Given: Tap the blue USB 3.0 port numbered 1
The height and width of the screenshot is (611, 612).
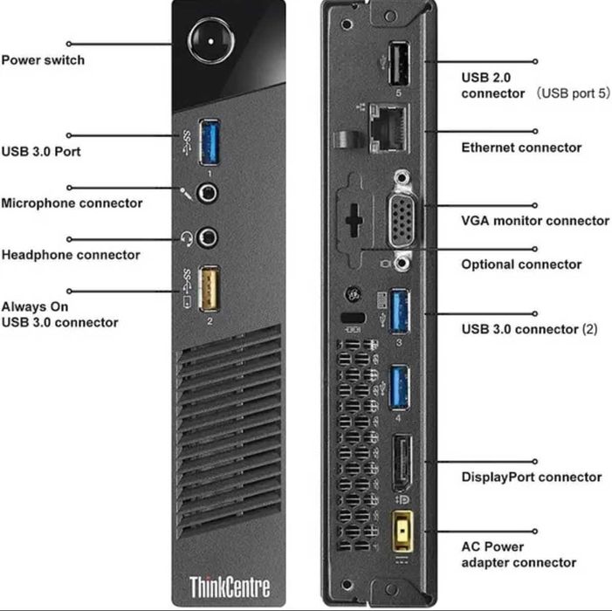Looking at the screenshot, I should [211, 142].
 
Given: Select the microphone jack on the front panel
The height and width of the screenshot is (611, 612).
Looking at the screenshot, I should [210, 191].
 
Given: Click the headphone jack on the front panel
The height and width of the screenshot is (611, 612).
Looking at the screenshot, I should [210, 237].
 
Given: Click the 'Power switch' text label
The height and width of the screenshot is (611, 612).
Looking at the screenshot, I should [43, 60].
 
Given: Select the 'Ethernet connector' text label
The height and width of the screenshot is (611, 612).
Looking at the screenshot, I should [521, 148].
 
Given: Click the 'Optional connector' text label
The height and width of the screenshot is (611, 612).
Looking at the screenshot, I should [520, 264].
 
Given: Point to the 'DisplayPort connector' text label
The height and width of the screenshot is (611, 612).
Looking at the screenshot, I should [531, 477].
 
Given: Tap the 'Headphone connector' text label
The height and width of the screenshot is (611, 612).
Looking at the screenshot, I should [71, 255].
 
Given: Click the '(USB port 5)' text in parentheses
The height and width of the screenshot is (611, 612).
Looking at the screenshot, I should [573, 93].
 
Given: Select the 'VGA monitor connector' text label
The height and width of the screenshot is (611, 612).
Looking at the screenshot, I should [534, 221].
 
